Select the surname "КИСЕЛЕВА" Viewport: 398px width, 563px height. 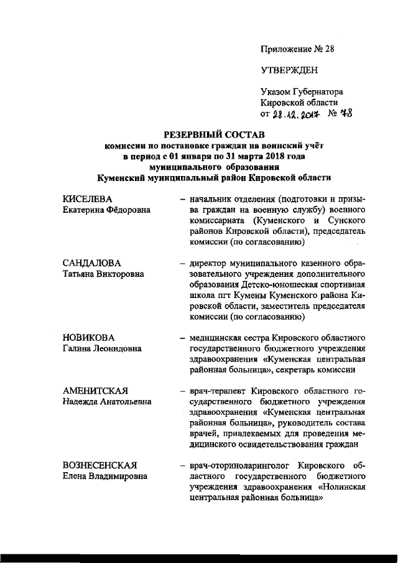pyautogui.click(x=89, y=199)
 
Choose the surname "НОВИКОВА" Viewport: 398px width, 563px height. pyautogui.click(x=89, y=338)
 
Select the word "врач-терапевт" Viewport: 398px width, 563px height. pyautogui.click(x=218, y=391)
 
